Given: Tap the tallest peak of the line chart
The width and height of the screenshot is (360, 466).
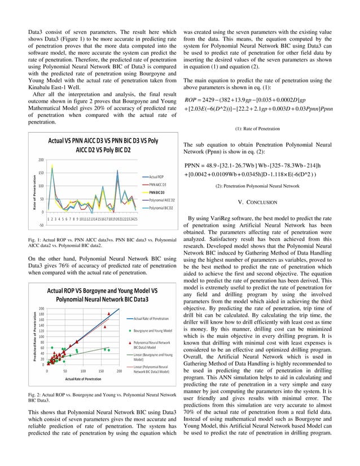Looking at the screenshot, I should pyautogui.click(x=52, y=166).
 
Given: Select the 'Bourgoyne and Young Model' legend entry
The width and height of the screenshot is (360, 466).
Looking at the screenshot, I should pyautogui.click(x=152, y=331).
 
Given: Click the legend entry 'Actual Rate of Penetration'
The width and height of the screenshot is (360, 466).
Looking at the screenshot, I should pyautogui.click(x=153, y=319).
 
